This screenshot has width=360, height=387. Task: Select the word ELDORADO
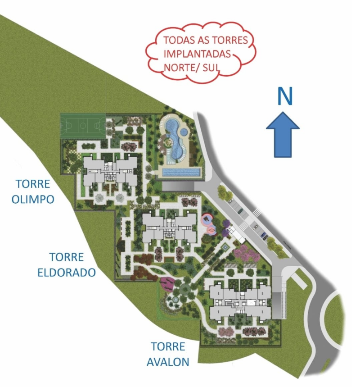72,272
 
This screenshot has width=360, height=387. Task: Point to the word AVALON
168,361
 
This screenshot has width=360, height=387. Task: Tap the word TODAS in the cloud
177,40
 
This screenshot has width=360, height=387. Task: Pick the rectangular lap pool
182,172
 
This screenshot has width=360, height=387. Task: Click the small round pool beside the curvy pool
184,132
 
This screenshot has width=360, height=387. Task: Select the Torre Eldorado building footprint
169,228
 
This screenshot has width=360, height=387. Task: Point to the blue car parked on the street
264,235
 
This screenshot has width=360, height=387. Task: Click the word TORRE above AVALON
168,346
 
